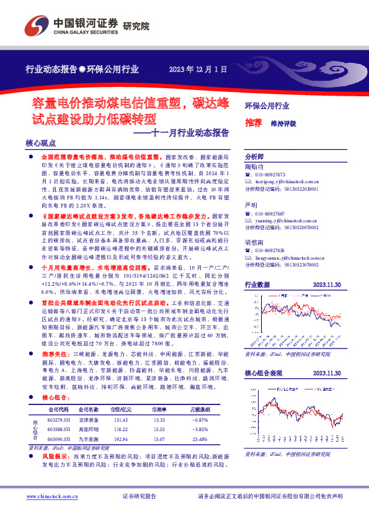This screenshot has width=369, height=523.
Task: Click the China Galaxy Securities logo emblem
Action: point(35,25)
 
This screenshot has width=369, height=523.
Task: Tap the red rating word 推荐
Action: point(253,122)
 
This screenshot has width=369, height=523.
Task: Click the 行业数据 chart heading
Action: point(257,284)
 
